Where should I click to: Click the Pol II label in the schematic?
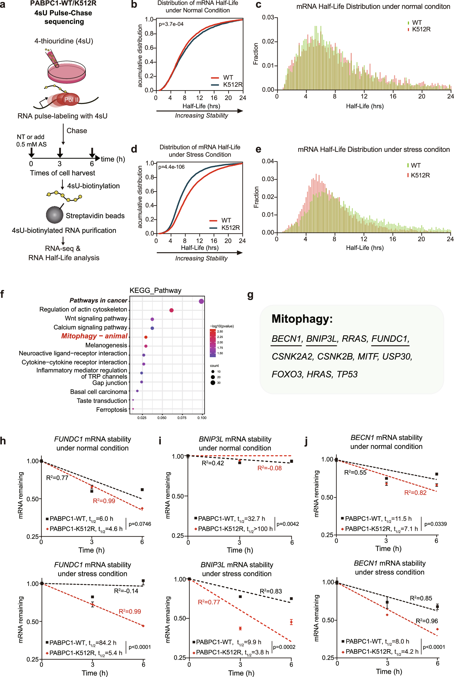click(71, 100)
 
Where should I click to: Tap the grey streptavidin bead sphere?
click(54, 215)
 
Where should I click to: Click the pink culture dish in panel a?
click(67, 72)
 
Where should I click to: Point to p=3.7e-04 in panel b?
click(171, 24)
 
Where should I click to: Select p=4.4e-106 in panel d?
click(171, 167)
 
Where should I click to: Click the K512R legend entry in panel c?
click(421, 29)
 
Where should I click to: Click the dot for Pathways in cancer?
click(201, 301)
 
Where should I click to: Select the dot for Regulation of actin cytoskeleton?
click(171, 310)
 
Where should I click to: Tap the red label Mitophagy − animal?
click(94, 336)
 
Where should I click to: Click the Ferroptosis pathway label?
click(112, 410)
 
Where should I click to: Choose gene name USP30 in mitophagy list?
click(396, 356)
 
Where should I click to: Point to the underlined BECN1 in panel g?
click(286, 338)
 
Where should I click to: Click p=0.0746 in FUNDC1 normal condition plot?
click(140, 524)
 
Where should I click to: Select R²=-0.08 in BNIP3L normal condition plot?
click(269, 468)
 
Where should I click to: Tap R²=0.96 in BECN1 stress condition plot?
click(426, 621)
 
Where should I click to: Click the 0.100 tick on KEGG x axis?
click(202, 418)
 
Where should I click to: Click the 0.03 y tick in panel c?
click(268, 17)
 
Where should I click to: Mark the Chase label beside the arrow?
click(77, 131)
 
